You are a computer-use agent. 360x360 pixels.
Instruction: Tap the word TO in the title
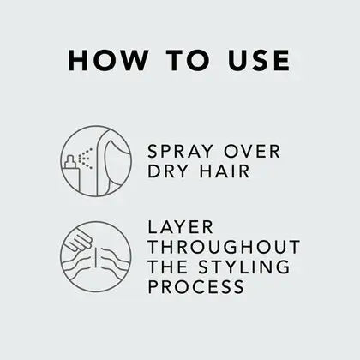(x=187, y=60)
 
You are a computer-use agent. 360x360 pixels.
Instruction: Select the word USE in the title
(x=259, y=60)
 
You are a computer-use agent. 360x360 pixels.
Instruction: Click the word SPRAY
(x=180, y=152)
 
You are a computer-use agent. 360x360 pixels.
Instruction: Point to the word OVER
(x=252, y=152)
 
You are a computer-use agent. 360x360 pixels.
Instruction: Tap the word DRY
(x=168, y=171)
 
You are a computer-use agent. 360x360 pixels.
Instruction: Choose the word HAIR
(x=225, y=171)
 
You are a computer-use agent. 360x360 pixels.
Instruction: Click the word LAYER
(x=180, y=227)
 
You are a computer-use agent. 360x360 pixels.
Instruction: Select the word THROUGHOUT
(x=224, y=247)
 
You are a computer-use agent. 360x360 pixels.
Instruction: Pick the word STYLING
(x=244, y=267)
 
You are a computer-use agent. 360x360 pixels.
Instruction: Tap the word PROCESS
(x=196, y=286)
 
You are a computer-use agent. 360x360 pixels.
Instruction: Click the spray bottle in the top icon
(x=72, y=175)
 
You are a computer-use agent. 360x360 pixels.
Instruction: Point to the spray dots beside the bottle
(x=86, y=159)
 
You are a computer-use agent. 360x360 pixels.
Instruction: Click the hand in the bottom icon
(x=78, y=242)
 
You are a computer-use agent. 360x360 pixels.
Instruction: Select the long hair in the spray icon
(x=114, y=162)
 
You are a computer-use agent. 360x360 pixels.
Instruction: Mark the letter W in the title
(x=133, y=60)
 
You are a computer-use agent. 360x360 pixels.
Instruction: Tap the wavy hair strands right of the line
(x=114, y=261)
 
